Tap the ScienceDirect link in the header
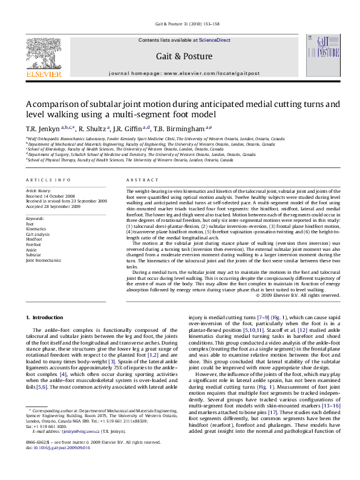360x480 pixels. point(215,40)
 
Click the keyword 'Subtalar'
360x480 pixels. point(34,255)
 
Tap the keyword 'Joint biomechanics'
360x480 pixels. point(44,261)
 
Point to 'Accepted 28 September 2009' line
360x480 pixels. point(53,206)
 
